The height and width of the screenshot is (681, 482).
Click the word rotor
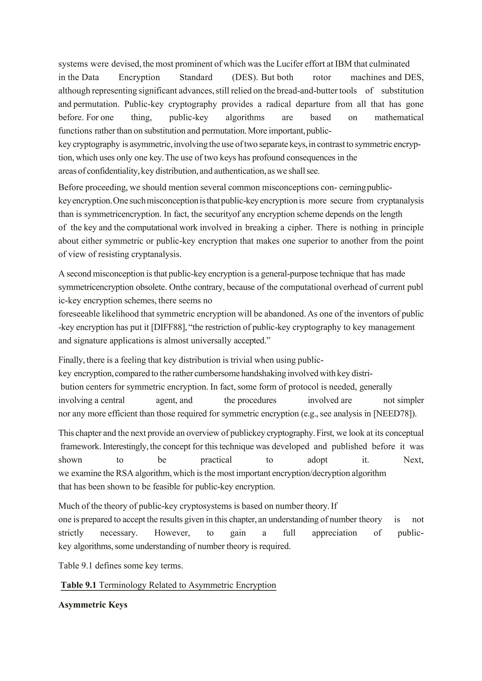pos(322,77)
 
